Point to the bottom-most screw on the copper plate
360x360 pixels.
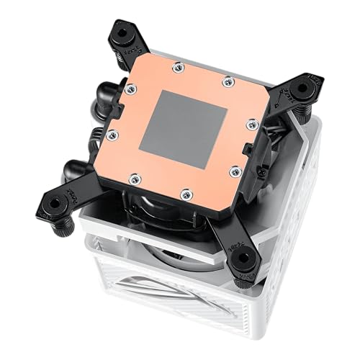186,192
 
